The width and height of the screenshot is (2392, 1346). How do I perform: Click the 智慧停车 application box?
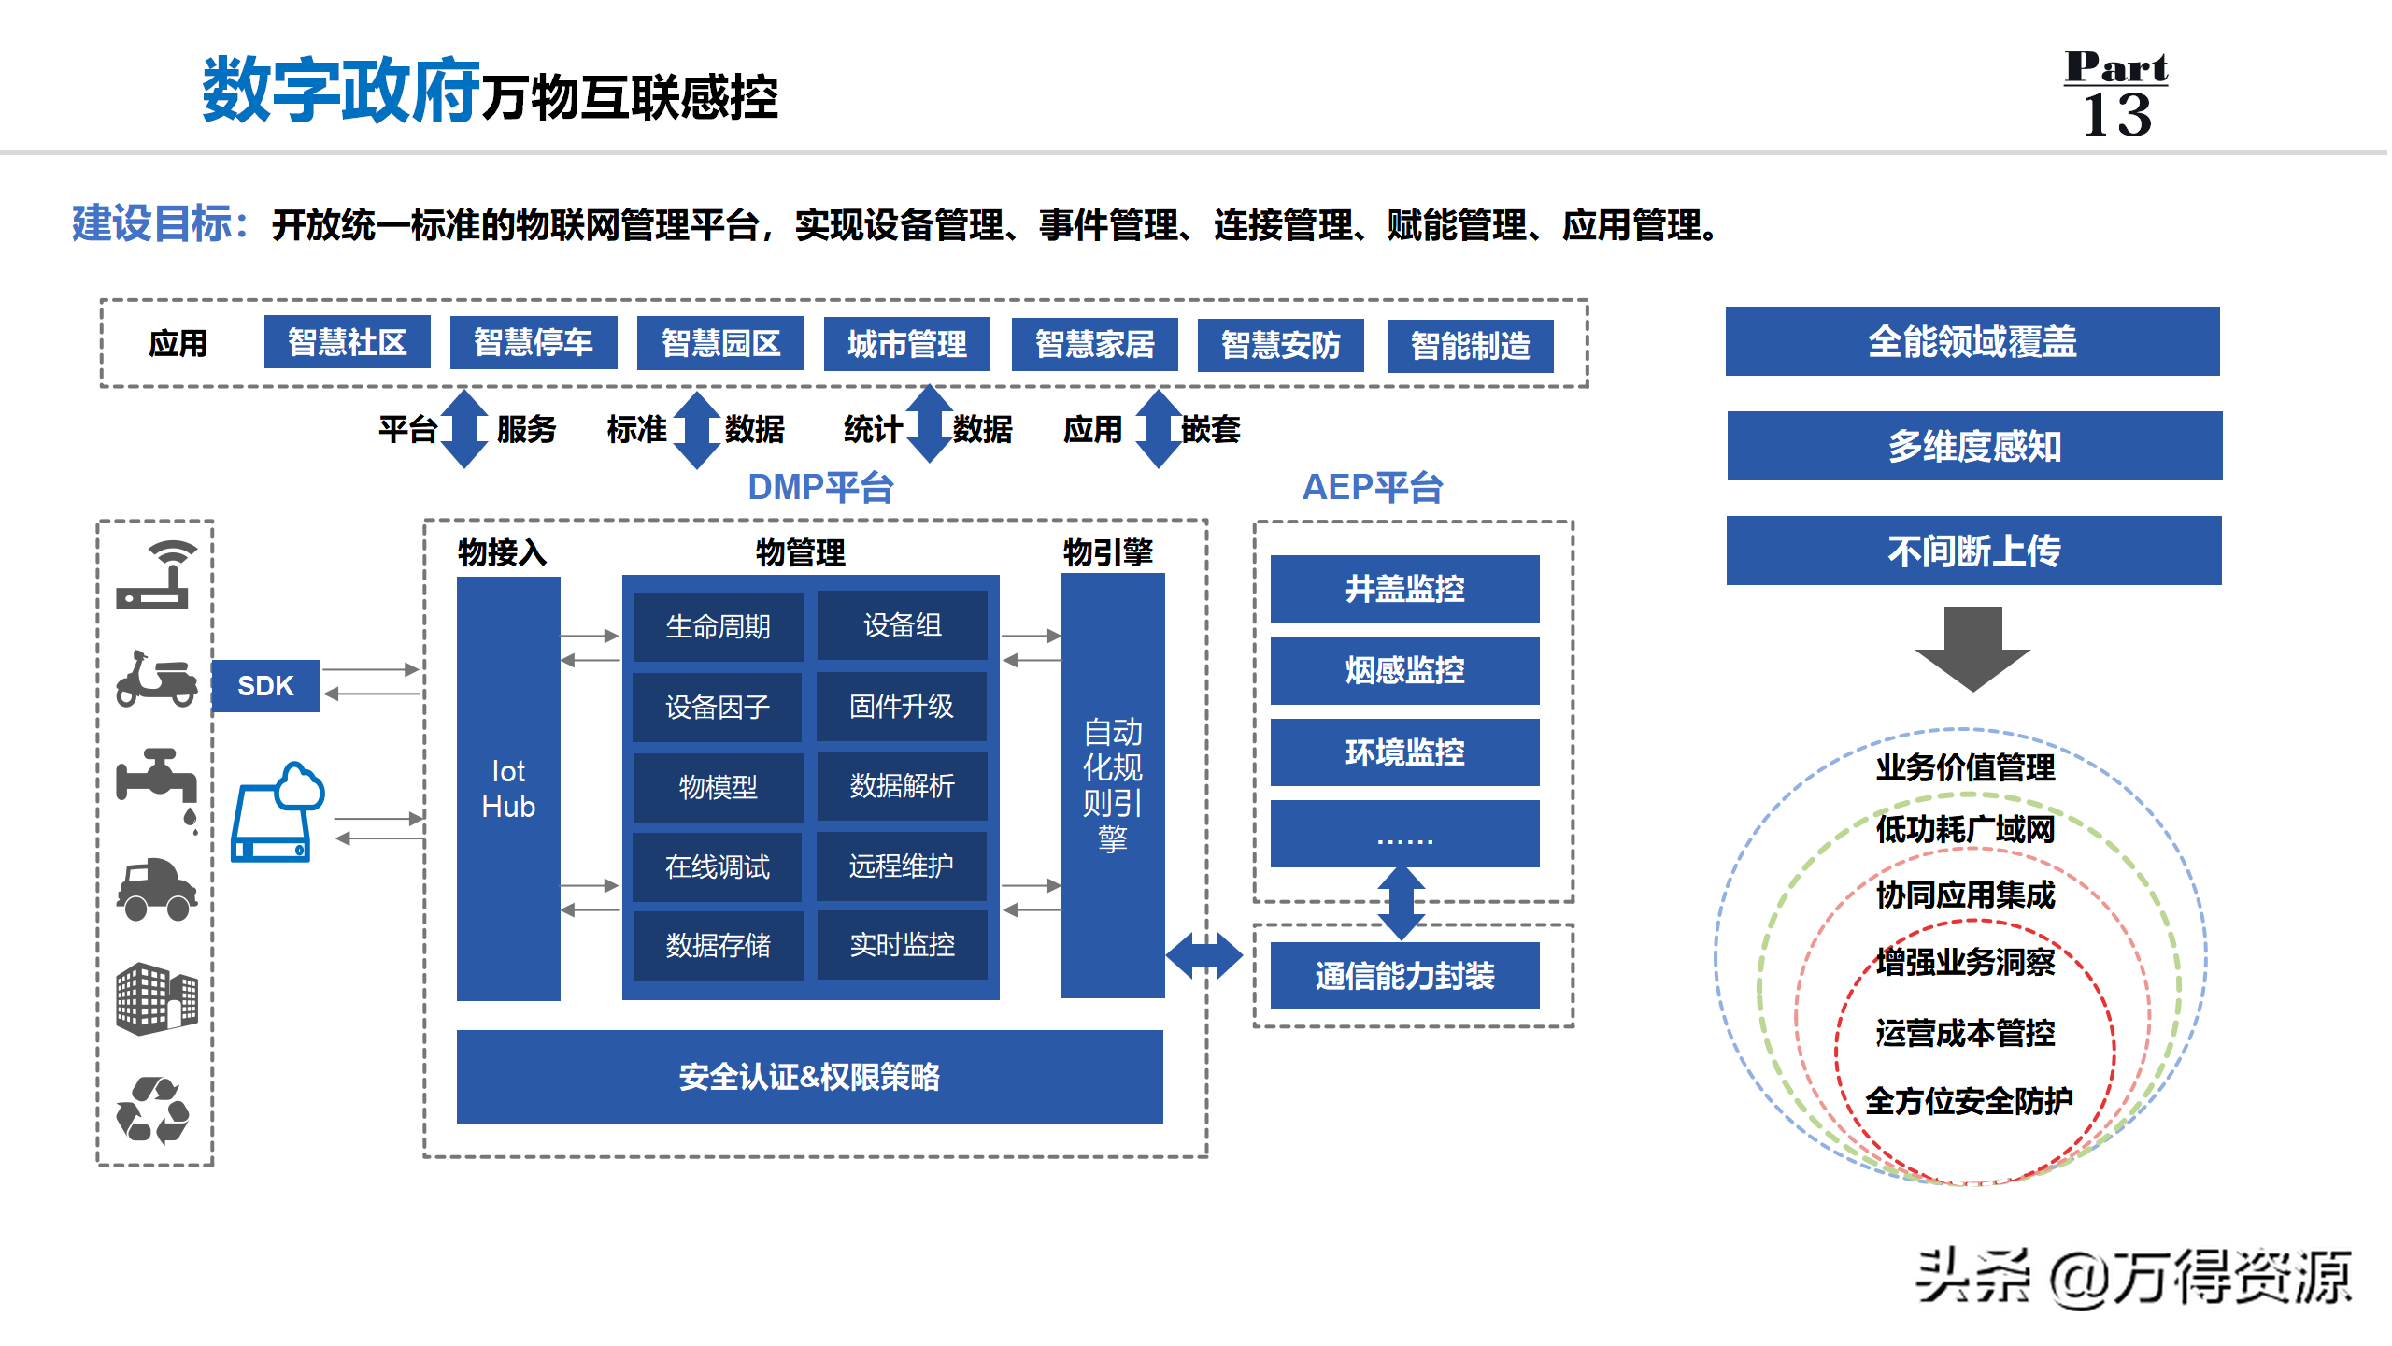click(534, 342)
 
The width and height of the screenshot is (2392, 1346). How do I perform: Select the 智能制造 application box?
click(1470, 346)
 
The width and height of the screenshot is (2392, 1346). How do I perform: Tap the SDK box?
click(266, 686)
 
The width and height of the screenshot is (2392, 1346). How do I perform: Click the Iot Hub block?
click(508, 789)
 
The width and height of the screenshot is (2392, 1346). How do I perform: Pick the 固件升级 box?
click(902, 707)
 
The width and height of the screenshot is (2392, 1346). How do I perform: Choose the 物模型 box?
click(718, 787)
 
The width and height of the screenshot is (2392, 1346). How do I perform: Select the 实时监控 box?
click(902, 945)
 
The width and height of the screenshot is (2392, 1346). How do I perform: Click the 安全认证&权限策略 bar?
click(810, 1077)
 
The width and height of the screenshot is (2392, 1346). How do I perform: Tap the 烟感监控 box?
click(1404, 670)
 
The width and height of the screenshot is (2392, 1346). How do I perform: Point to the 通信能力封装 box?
click(1404, 976)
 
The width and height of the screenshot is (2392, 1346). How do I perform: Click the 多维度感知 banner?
click(1974, 446)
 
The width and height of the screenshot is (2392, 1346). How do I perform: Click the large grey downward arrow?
click(1972, 650)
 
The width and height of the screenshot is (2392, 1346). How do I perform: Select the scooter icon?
click(156, 680)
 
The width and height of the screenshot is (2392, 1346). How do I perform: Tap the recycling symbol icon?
click(153, 1110)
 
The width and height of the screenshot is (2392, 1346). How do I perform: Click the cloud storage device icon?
click(278, 811)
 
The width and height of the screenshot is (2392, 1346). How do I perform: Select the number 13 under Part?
click(2117, 115)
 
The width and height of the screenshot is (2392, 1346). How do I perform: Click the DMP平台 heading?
click(820, 487)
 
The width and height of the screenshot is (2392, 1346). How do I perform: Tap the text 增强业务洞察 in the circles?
click(1965, 962)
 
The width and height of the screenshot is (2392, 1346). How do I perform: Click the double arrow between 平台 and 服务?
click(464, 429)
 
